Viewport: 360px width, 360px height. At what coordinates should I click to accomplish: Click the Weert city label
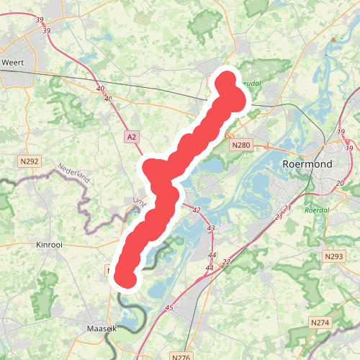coord(13,63)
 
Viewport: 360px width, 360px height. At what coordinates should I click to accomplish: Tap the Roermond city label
coord(308,164)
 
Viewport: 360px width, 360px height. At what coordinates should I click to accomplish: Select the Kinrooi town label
coord(50,245)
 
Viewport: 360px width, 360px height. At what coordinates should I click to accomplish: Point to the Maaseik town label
coord(100,328)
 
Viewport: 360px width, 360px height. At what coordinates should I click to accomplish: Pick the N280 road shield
coord(240,145)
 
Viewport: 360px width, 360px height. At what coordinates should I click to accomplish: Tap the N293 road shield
coord(333,256)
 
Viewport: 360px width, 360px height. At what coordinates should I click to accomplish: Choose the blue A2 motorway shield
coord(130,136)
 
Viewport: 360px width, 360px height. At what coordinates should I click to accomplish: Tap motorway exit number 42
coord(196,210)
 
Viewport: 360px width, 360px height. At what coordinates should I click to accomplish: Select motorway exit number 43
coord(211,228)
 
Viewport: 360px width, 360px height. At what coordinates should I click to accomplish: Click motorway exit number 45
coord(170,308)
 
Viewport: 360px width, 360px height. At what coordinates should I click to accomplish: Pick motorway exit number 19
coord(341,132)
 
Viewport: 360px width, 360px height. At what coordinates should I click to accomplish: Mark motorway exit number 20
coord(341,183)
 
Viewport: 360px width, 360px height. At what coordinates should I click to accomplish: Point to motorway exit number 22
coord(227,261)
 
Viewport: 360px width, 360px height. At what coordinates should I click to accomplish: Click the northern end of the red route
coord(228,79)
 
